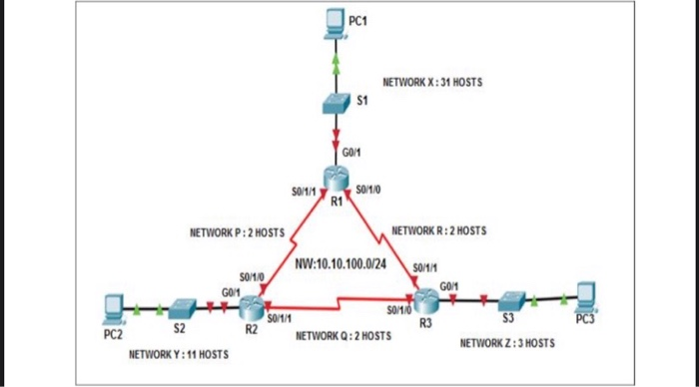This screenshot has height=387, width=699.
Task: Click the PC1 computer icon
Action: pyautogui.click(x=337, y=23)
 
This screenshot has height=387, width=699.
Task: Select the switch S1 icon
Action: pyautogui.click(x=337, y=103)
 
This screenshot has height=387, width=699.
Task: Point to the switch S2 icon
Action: pyautogui.click(x=181, y=306)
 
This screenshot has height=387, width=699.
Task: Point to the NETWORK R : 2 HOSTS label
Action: pyautogui.click(x=439, y=230)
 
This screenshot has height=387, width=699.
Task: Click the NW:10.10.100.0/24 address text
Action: pyautogui.click(x=340, y=263)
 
